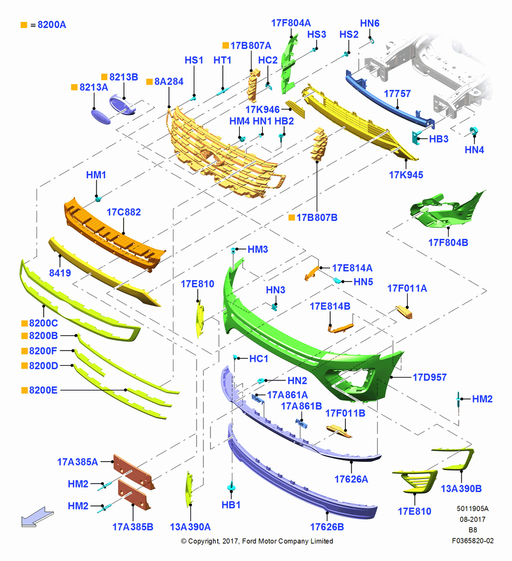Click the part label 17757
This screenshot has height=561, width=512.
pyautogui.click(x=397, y=94)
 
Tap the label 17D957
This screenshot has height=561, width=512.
pyautogui.click(x=429, y=377)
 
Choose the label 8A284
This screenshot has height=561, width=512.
pyautogui.click(x=168, y=81)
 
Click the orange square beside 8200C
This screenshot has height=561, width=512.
pyautogui.click(x=24, y=324)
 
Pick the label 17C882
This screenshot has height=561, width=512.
pyautogui.click(x=124, y=212)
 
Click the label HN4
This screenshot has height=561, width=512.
pyautogui.click(x=474, y=150)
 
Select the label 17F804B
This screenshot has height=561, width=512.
pyautogui.click(x=448, y=242)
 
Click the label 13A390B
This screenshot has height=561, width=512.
pyautogui.click(x=461, y=489)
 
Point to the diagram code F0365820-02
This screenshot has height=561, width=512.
pyautogui.click(x=473, y=541)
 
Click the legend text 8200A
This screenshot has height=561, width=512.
pyautogui.click(x=52, y=25)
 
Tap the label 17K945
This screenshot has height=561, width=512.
pyautogui.click(x=406, y=175)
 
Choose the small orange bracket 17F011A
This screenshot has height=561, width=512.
pyautogui.click(x=404, y=312)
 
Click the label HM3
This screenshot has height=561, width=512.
pyautogui.click(x=258, y=250)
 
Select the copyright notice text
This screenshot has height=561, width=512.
pyautogui.click(x=257, y=541)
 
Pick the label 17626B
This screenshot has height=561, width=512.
pyautogui.click(x=327, y=527)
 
